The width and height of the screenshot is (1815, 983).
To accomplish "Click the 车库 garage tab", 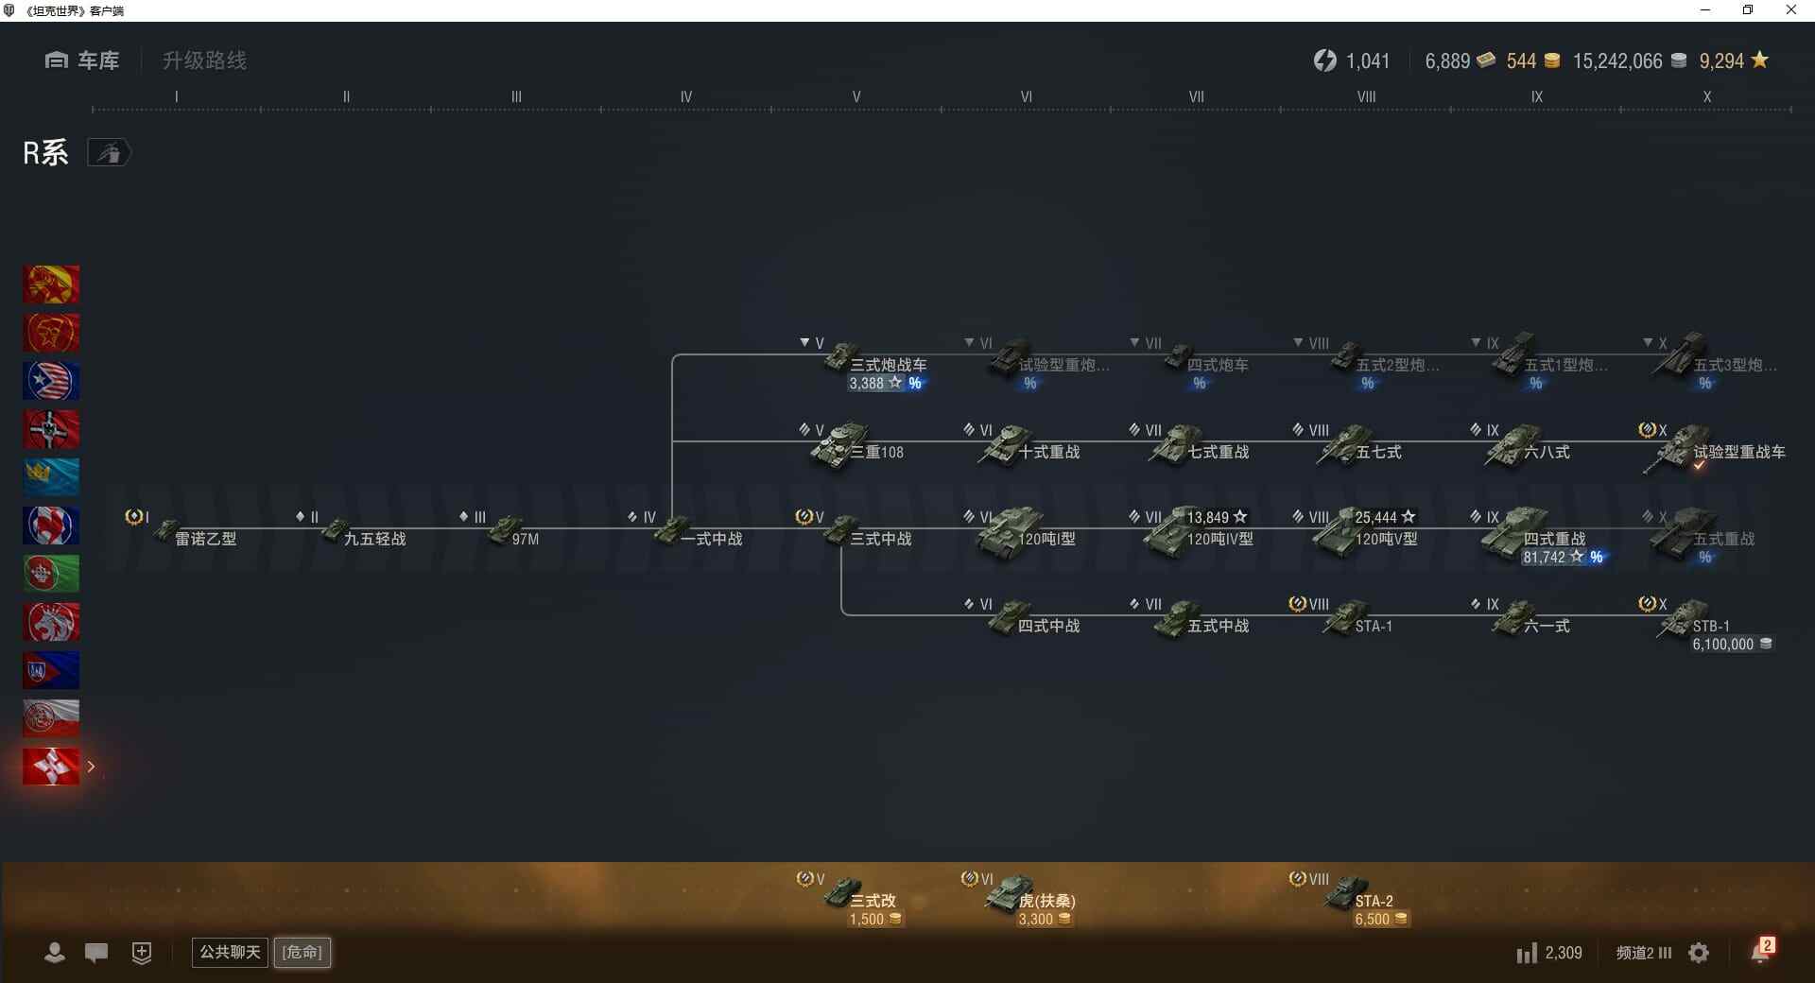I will [x=82, y=60].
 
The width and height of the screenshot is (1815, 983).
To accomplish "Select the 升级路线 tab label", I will [x=204, y=60].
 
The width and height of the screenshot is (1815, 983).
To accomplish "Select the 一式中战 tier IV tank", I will [x=700, y=536].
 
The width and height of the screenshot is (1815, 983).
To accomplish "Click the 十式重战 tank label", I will [x=1048, y=452].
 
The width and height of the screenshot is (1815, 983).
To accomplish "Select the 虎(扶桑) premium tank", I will [x=1030, y=898].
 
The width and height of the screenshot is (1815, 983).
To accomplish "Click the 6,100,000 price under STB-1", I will [x=1723, y=645].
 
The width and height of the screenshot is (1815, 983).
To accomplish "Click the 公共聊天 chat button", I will [x=230, y=952].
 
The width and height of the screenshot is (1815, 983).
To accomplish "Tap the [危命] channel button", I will [x=302, y=952].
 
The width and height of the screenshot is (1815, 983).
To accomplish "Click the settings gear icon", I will [x=1699, y=953].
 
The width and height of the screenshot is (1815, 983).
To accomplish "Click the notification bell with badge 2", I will [x=1760, y=952].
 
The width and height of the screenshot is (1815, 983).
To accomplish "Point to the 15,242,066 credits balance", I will [x=1616, y=61].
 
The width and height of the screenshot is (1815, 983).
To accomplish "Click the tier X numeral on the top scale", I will [x=1706, y=96].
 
